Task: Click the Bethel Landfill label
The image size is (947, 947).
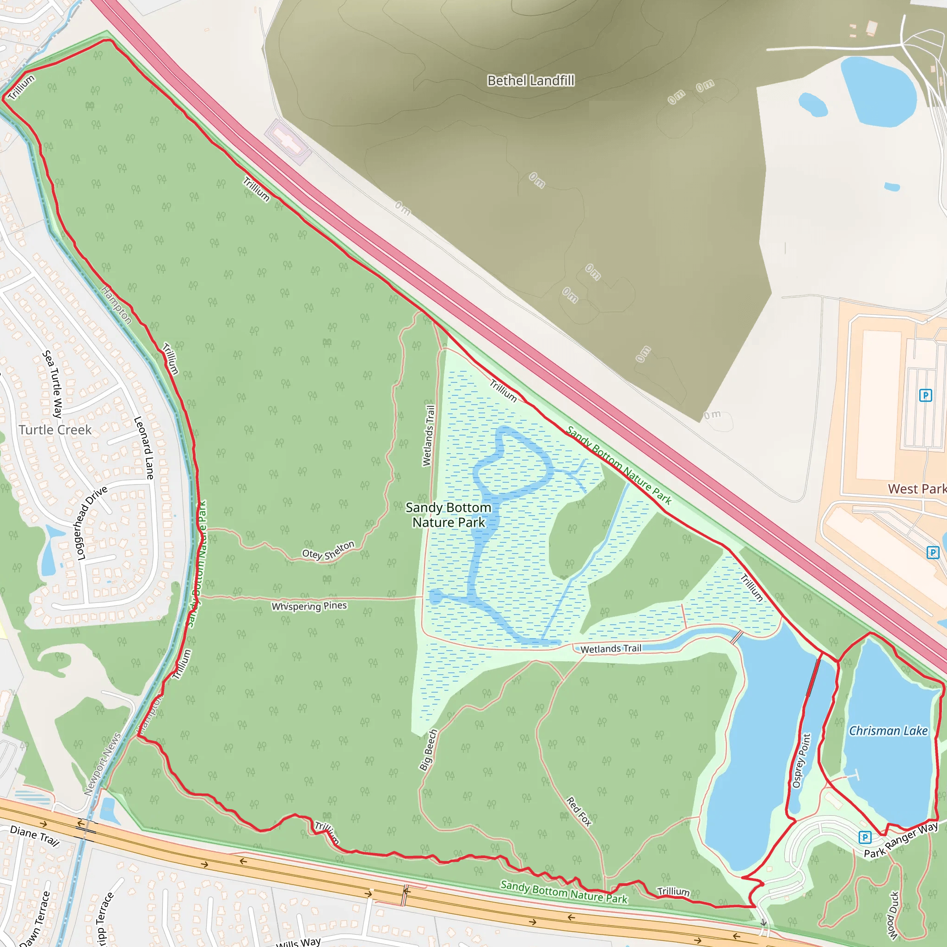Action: click(530, 80)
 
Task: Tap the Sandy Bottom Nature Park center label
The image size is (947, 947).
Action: click(449, 515)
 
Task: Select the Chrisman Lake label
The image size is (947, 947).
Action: click(888, 731)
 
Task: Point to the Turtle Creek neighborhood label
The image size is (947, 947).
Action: click(55, 430)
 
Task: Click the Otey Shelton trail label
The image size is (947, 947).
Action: click(328, 551)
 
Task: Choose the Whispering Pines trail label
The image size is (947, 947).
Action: click(309, 606)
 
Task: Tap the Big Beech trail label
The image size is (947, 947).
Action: click(428, 750)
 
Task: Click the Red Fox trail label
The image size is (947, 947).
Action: click(579, 811)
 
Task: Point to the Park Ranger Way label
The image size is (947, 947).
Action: click(900, 840)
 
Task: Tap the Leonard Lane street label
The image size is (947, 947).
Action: click(144, 448)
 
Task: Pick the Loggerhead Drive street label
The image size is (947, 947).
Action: click(91, 523)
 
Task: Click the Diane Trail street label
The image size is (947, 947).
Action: click(34, 836)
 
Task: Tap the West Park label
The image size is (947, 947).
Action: click(916, 489)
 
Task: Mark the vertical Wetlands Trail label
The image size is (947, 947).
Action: click(428, 436)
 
